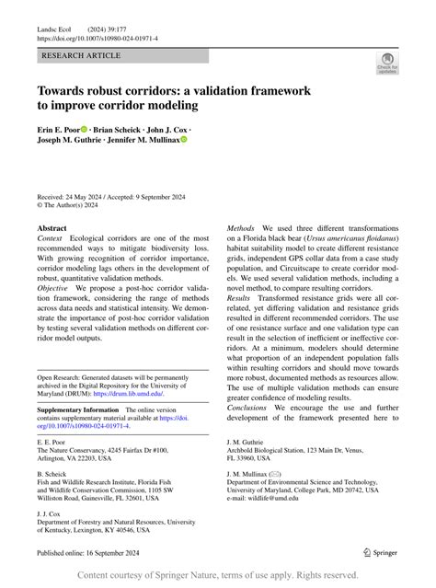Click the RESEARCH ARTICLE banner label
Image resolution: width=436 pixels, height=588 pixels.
pyautogui.click(x=81, y=56)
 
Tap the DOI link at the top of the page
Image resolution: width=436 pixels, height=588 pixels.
pyautogui.click(x=98, y=40)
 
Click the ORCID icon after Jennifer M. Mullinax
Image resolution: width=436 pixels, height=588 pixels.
pyautogui.click(x=184, y=141)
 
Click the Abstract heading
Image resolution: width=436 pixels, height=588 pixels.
pyautogui.click(x=52, y=227)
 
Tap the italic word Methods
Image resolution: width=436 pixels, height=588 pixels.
pyautogui.click(x=241, y=227)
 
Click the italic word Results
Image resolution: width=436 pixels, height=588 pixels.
pyautogui.click(x=240, y=299)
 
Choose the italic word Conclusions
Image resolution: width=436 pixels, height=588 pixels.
pyautogui.click(x=247, y=408)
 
